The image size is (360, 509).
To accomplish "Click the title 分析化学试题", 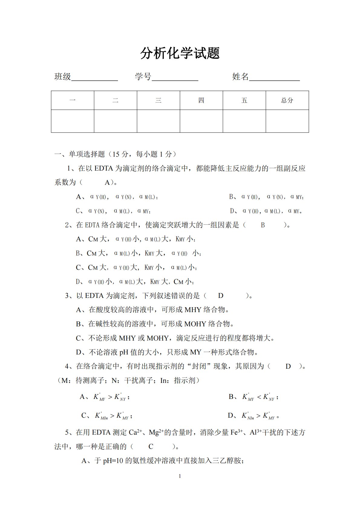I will pos(180,54).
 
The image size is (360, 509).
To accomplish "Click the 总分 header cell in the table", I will pos(287,100).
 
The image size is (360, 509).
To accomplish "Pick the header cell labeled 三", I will pos(158,100).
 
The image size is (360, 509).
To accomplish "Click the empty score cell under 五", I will pos(244,121).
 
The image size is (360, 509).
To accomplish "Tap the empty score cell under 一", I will pos(73,121).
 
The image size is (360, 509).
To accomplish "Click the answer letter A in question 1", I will pos(107,182).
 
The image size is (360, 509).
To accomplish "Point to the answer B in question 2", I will pos(263,225).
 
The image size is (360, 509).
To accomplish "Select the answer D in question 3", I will pos(221,296).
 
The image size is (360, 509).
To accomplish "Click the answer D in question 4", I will pos(288,367).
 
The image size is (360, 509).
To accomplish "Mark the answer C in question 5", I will pos(151,447).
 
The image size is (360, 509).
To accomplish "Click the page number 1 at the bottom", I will pos(180,476).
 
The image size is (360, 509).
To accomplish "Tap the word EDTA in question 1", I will pos(103,168).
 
